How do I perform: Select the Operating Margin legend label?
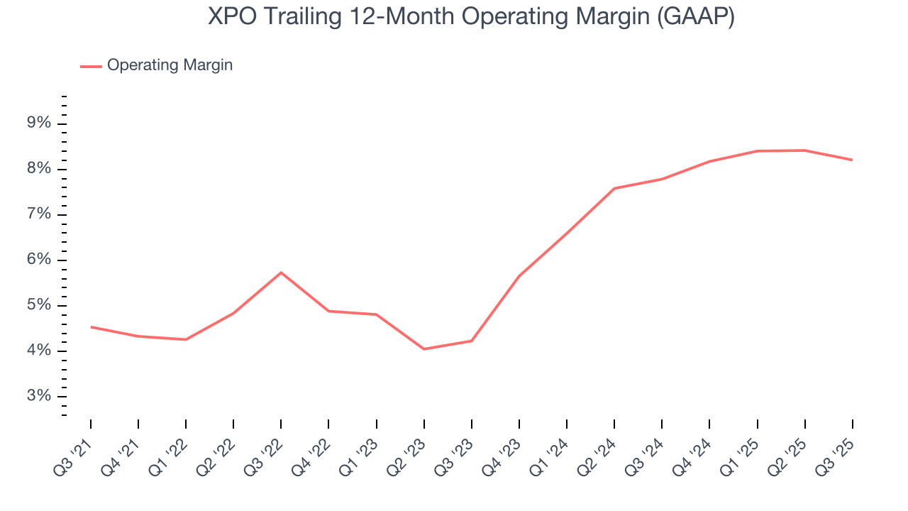[170, 65]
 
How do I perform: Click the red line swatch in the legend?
[91, 66]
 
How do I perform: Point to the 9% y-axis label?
[39, 123]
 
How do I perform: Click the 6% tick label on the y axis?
[39, 260]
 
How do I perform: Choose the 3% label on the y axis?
[39, 397]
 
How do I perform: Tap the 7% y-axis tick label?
[39, 214]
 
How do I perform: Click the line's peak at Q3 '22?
[281, 273]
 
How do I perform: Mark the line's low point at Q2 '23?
[424, 349]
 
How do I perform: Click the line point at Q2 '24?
[614, 188]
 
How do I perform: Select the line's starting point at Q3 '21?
[91, 326]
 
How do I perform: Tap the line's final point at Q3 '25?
[852, 160]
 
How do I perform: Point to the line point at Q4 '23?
[519, 276]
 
